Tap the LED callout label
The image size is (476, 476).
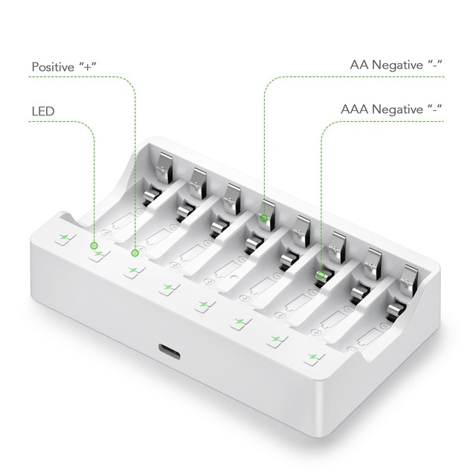43,111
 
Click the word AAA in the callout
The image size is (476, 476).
356,109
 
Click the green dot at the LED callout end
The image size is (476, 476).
94,245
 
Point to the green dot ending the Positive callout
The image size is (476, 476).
135,253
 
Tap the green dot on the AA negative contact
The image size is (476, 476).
264,217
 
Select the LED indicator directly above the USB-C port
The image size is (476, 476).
202,305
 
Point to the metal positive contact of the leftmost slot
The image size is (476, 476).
164,160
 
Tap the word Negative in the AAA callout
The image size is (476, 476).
403,109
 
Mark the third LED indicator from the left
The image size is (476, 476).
132,271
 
